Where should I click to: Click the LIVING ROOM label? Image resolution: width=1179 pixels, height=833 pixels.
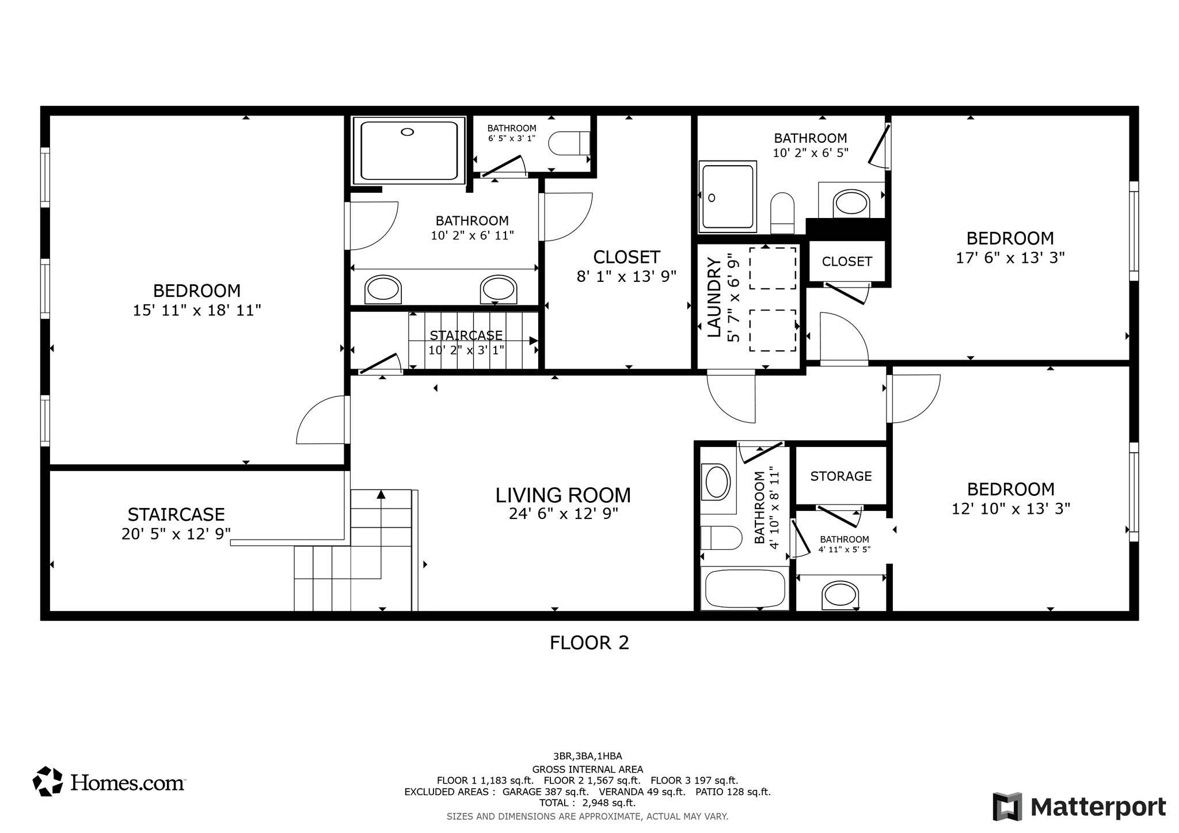point(563,495)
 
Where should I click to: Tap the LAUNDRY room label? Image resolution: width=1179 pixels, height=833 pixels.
point(714,297)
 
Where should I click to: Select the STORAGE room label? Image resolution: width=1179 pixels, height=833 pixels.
point(840,476)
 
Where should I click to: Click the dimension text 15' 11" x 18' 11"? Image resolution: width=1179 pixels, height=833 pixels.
point(197,311)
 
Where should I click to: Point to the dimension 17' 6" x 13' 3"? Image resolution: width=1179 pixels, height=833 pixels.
point(1010,258)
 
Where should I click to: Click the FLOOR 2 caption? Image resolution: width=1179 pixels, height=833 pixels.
point(589,643)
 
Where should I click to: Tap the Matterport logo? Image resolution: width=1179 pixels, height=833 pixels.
point(1079,807)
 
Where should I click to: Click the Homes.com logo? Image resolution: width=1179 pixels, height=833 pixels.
point(109,782)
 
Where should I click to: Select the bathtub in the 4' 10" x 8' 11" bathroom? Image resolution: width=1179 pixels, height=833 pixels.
point(743,588)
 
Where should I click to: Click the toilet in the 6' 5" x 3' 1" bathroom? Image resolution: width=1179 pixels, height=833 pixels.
point(569,143)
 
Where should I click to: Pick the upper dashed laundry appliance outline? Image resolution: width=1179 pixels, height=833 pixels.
point(772,268)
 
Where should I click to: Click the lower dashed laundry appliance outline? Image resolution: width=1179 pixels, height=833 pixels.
point(772,330)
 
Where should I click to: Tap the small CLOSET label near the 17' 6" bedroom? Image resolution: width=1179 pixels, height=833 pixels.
point(846,262)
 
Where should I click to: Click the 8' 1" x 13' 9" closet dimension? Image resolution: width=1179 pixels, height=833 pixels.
point(626,277)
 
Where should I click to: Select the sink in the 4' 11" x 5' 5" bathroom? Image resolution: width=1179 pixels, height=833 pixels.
point(840,594)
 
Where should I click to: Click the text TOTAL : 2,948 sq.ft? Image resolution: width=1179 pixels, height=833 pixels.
point(587,803)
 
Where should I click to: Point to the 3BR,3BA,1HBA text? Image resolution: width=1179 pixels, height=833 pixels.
point(587,756)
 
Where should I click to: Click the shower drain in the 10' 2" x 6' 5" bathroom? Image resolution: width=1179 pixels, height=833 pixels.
point(712,198)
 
